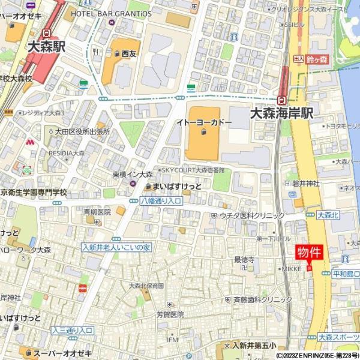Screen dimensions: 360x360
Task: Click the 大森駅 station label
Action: [x=46, y=46]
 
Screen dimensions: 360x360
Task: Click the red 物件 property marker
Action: [x=309, y=253]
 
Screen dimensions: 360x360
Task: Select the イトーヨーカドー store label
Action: [x=203, y=122]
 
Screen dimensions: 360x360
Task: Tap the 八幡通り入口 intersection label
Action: [x=161, y=201]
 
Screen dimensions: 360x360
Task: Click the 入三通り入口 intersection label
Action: [x=71, y=330]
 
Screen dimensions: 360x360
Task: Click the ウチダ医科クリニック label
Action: [x=252, y=215]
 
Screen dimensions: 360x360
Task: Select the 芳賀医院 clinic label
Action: [x=170, y=314]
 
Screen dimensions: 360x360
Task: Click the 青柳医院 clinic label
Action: [x=97, y=212]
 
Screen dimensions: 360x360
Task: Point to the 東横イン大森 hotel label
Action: [x=133, y=174]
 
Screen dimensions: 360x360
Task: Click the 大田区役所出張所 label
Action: [x=82, y=131]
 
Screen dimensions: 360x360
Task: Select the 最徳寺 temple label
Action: [x=244, y=259]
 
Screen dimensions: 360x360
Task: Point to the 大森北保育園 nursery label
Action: [x=146, y=286]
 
